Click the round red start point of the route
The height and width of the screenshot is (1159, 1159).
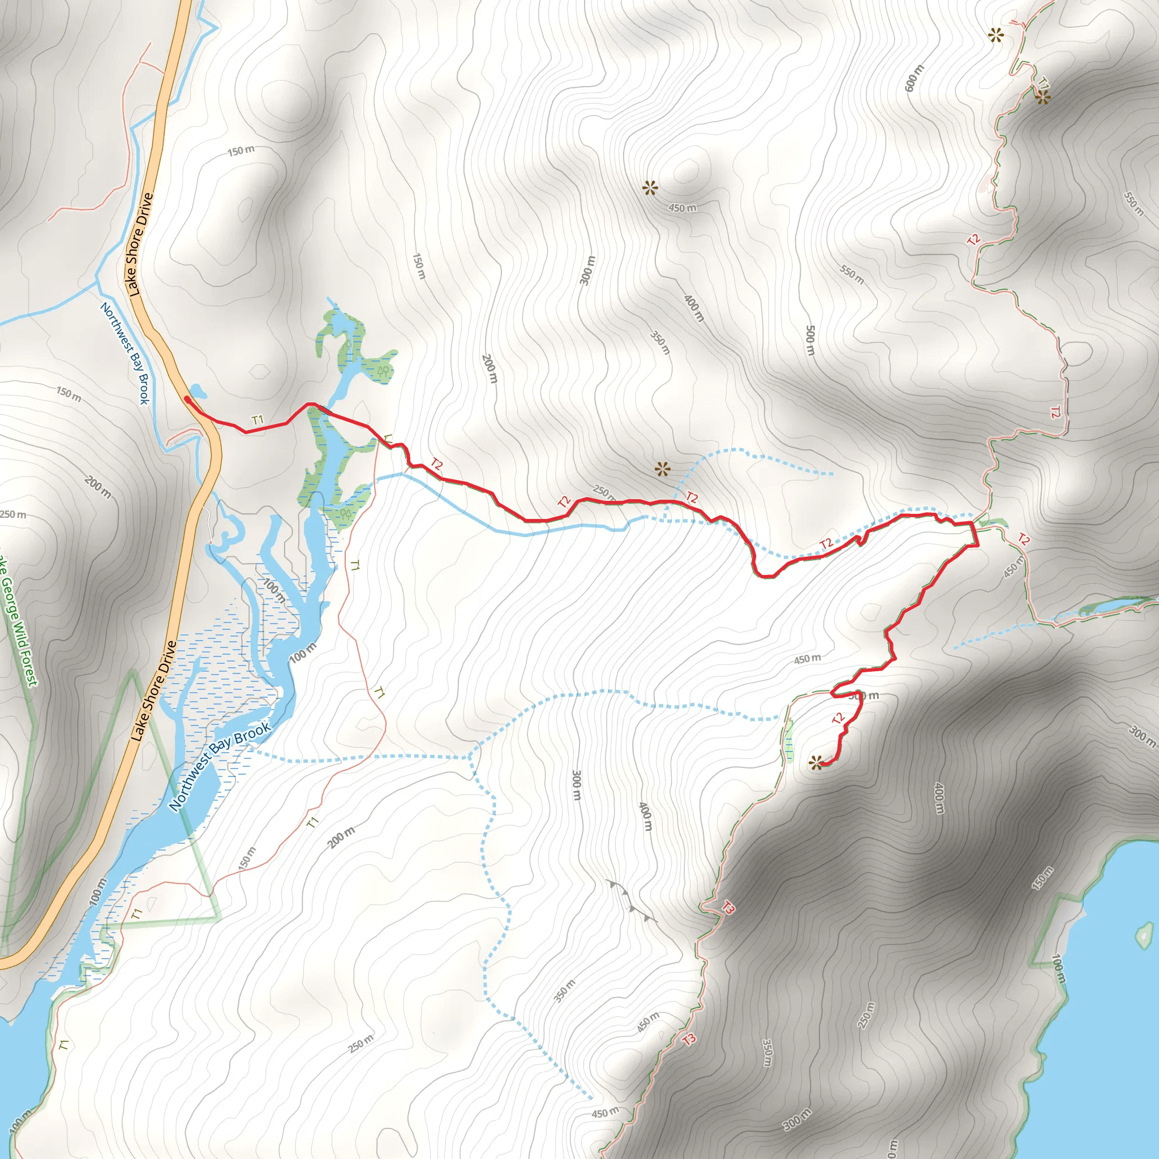187,398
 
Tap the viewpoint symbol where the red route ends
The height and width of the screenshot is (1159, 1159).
816,763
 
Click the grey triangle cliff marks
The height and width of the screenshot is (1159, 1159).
630,900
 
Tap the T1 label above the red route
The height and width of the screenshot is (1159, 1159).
258,420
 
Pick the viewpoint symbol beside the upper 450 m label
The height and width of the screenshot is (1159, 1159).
650,189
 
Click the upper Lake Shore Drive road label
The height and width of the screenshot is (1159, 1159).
141,244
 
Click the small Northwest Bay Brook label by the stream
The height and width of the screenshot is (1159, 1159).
124,353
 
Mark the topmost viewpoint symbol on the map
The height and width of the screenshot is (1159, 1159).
996,36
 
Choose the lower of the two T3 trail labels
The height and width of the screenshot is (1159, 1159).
689,1039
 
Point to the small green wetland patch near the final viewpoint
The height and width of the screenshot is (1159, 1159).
788,741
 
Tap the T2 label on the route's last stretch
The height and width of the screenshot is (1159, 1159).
838,718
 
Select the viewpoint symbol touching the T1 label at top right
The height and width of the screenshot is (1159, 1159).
1042,98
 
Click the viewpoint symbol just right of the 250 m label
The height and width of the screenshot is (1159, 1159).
662,469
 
